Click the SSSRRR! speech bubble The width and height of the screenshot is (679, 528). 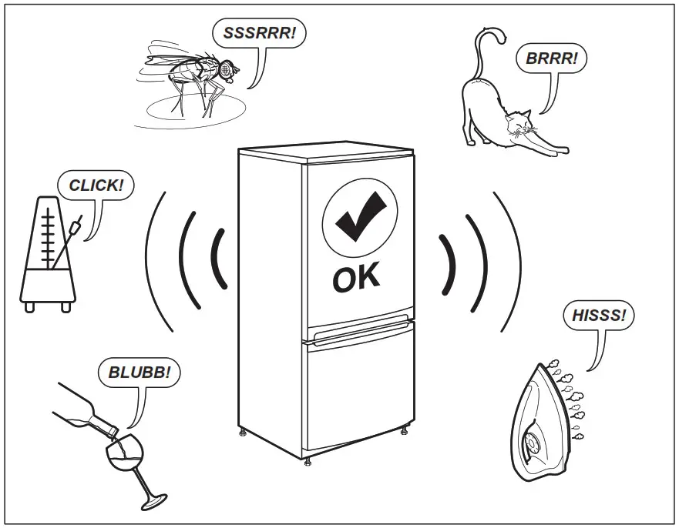click(x=259, y=33)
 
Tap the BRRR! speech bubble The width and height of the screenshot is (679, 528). click(x=551, y=57)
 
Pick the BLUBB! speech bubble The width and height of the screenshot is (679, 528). click(x=139, y=374)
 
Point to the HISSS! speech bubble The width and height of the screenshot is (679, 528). click(x=598, y=316)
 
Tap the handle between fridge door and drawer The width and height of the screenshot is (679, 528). click(x=359, y=331)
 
